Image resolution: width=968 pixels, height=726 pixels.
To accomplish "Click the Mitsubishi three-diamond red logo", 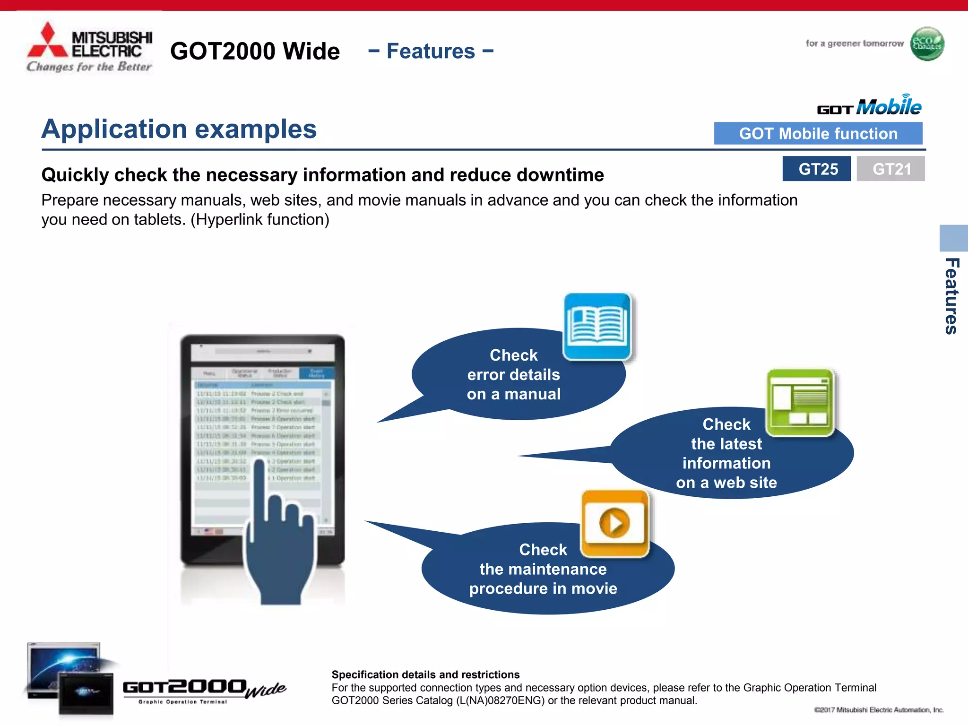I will tap(48, 42).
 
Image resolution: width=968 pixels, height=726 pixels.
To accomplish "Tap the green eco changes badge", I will tap(927, 44).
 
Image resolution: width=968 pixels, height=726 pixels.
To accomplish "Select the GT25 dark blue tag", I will tap(816, 169).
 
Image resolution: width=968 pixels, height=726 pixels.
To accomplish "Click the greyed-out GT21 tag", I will tap(890, 169).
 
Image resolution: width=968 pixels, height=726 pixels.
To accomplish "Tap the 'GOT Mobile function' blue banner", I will tap(818, 134).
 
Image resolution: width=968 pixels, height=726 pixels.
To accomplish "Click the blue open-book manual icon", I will tap(598, 326).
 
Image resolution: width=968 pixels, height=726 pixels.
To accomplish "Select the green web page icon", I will tap(800, 402).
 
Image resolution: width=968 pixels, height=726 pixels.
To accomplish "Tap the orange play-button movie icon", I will tap(614, 523).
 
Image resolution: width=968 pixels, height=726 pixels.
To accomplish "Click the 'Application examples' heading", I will tap(179, 129).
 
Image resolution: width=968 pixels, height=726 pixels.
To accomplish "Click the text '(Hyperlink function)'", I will tap(259, 220).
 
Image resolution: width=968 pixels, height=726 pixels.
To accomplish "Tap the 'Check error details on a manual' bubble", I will tap(513, 375).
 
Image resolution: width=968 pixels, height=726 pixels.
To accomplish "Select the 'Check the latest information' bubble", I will tap(726, 453).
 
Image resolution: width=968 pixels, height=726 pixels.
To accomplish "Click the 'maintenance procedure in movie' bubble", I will tap(543, 569).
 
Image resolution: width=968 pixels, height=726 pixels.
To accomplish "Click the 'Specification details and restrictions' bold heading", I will tap(425, 674).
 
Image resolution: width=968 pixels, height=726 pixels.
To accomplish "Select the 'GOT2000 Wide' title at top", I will tap(255, 51).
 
